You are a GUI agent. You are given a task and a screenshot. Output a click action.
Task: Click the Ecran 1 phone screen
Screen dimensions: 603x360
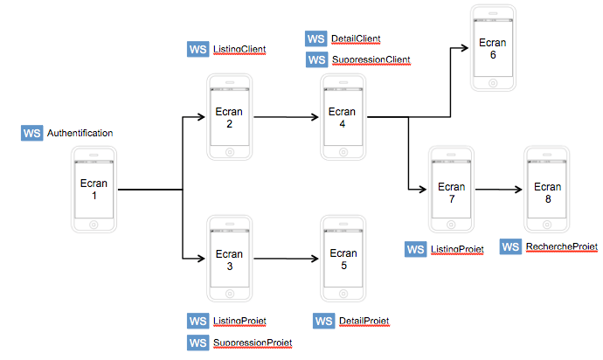[94, 190]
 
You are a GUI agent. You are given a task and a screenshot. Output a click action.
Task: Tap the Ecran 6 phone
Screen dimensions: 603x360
[493, 48]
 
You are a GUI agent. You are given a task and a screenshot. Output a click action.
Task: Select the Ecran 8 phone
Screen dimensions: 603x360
[547, 190]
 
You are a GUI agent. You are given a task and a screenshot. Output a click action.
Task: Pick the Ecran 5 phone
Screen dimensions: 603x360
[343, 259]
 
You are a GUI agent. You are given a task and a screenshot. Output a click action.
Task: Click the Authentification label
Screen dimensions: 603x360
[80, 133]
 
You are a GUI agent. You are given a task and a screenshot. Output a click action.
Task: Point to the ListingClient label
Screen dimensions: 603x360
[239, 49]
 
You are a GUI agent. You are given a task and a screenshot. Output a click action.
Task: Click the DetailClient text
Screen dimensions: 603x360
[356, 38]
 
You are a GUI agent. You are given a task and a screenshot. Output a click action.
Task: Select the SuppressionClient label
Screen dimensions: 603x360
[371, 59]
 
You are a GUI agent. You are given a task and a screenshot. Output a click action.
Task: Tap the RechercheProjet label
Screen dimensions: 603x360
[562, 246]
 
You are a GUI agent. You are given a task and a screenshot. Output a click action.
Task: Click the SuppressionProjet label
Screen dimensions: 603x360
[253, 343]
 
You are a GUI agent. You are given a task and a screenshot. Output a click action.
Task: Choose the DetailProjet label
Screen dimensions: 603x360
[364, 321]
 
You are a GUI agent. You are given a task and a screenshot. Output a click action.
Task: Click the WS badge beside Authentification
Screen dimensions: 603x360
[32, 133]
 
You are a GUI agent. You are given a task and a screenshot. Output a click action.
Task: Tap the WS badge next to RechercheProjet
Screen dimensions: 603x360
[510, 246]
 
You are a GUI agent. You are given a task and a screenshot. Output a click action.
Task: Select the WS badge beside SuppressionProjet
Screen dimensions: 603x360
[198, 343]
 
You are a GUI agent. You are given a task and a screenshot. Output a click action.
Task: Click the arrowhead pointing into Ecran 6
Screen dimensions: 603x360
[465, 48]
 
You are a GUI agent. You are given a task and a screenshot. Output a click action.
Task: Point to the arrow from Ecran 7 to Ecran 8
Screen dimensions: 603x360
[498, 190]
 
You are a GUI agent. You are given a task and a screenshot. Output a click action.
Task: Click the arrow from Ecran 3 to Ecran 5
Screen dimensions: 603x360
[286, 259]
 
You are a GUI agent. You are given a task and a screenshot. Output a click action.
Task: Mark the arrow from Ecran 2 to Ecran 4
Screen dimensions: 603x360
[286, 117]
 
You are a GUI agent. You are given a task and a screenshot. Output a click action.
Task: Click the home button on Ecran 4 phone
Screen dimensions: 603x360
[343, 152]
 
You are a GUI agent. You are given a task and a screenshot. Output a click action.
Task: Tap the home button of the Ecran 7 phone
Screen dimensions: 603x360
[451, 225]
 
